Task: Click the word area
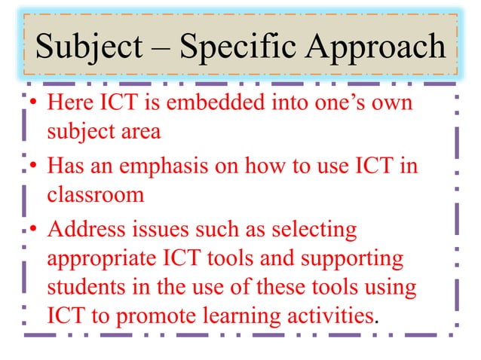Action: point(140,133)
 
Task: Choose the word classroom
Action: point(95,196)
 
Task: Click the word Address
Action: point(89,227)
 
